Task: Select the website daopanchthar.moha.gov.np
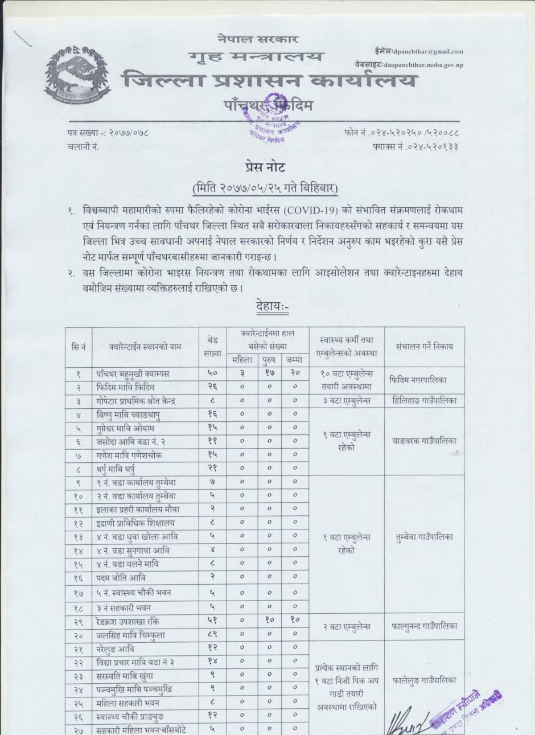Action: [423, 65]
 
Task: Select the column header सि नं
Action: [79, 346]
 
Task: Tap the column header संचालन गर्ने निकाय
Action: [425, 346]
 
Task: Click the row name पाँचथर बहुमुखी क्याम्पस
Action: [133, 374]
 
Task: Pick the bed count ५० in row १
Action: [212, 374]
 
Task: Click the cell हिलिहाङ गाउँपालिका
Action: [424, 401]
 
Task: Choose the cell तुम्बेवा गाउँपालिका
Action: [424, 537]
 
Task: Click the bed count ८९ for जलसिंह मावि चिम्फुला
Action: [212, 635]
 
